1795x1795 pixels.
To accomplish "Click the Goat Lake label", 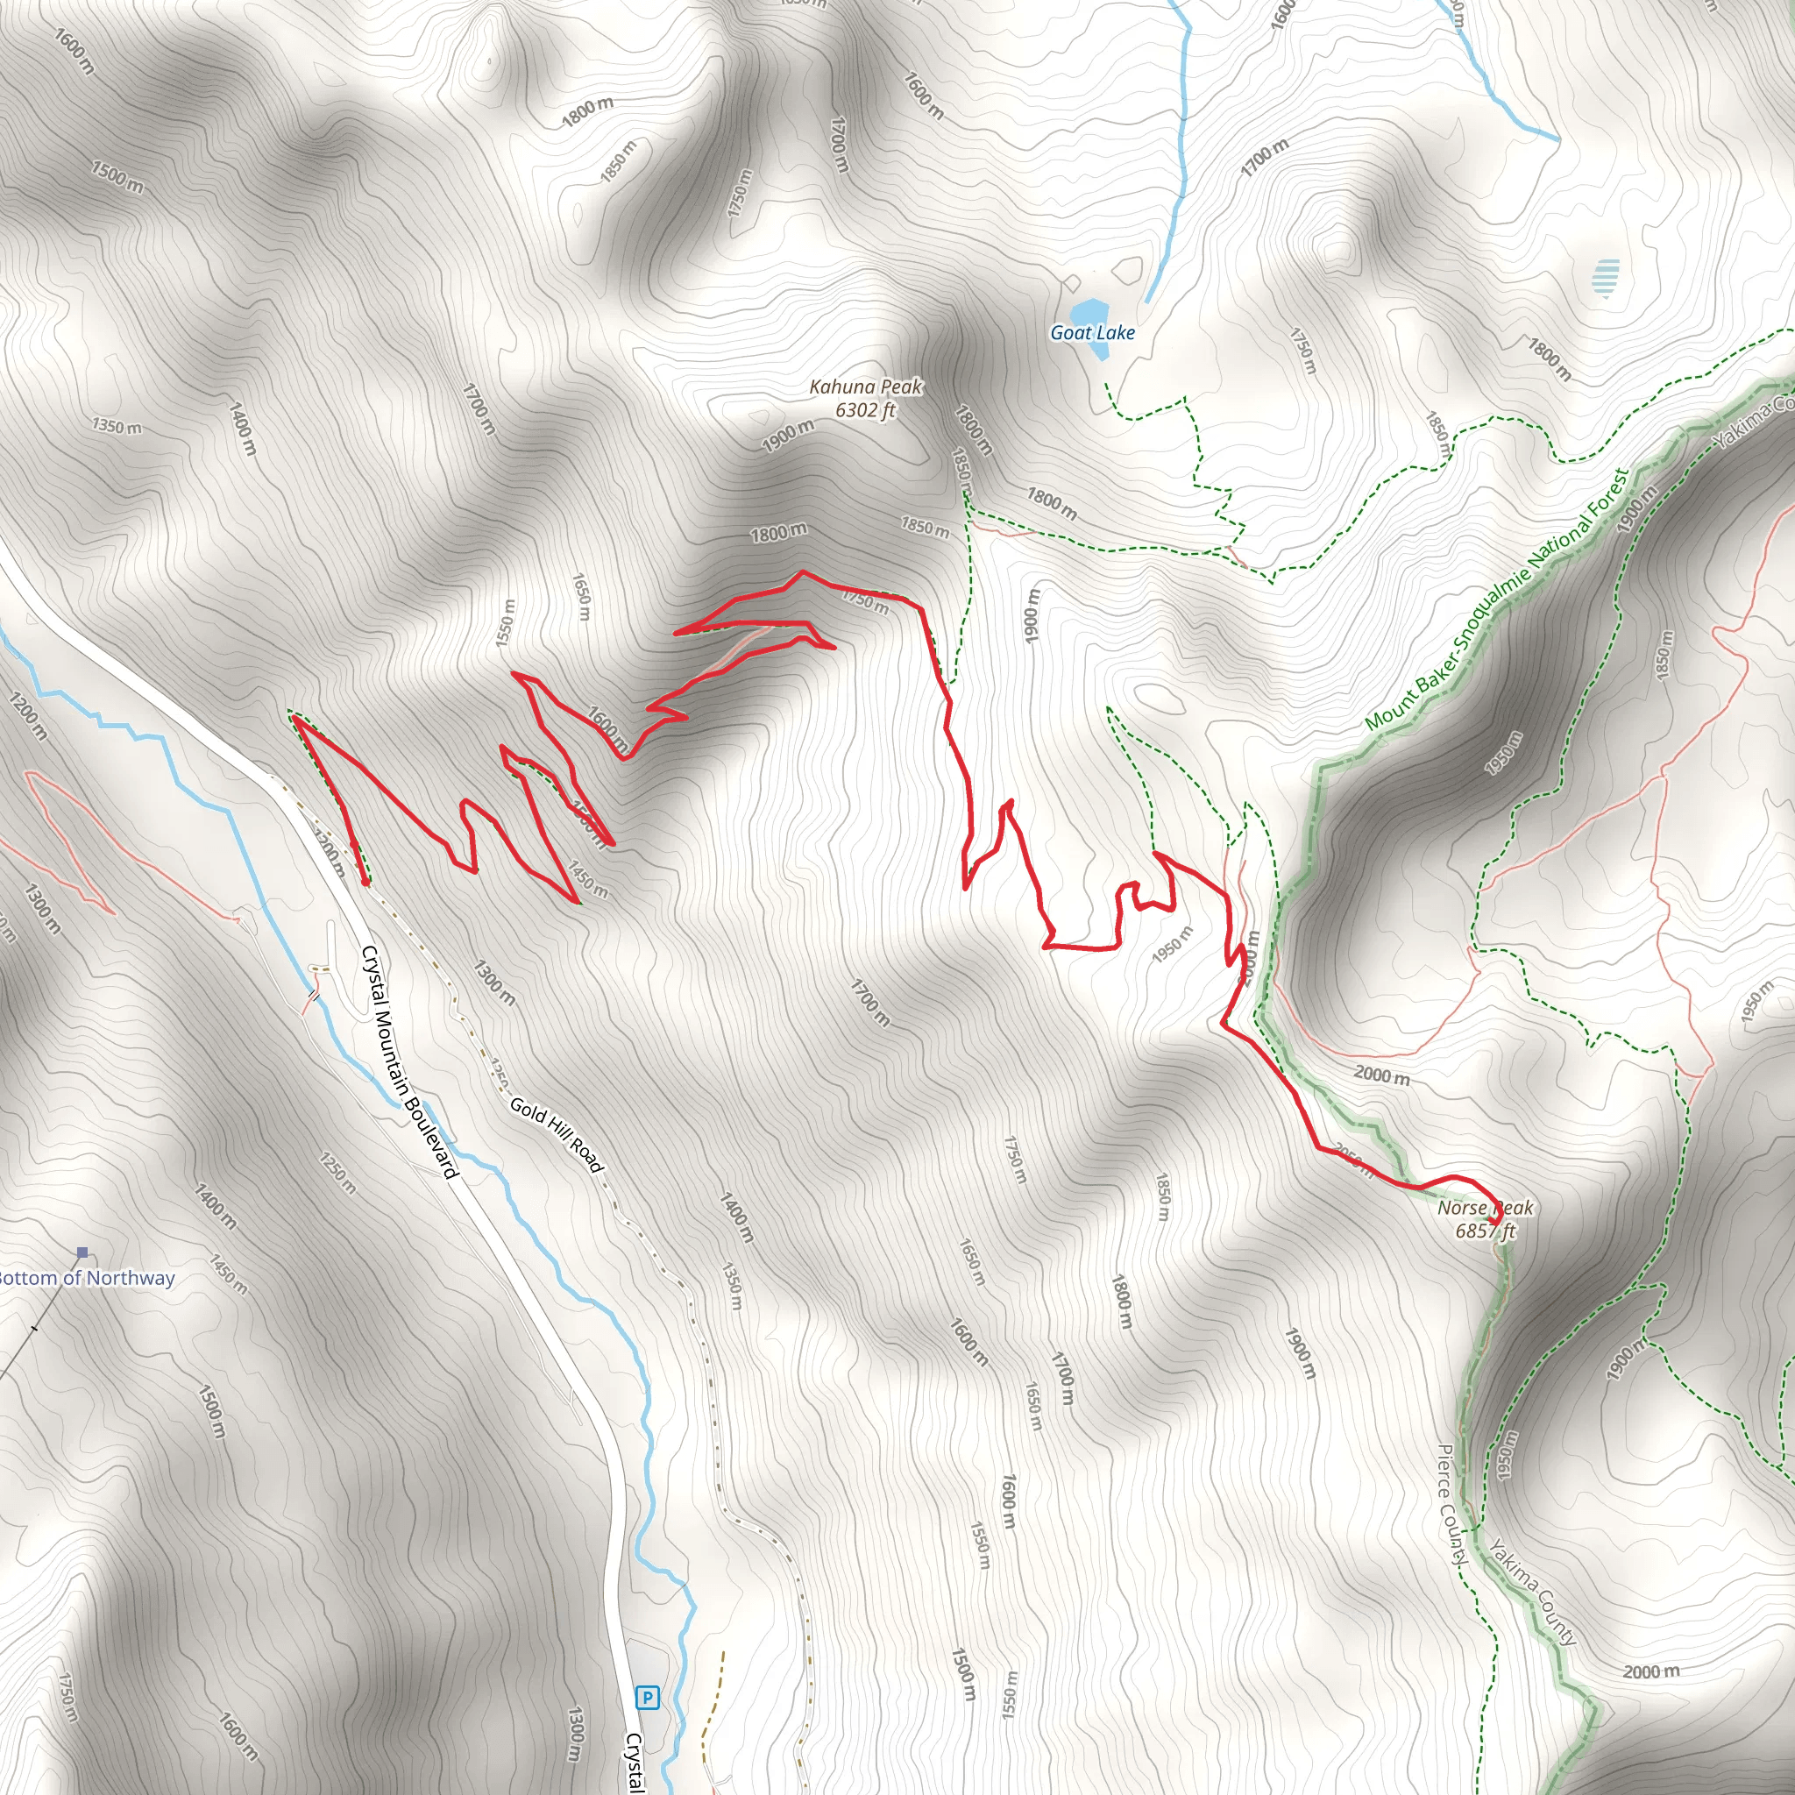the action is pyautogui.click(x=1092, y=332).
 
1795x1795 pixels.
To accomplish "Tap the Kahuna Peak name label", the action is pyautogui.click(x=866, y=387).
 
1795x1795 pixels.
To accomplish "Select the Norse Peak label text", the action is pyautogui.click(x=1485, y=1208).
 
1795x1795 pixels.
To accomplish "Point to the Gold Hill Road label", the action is pyautogui.click(x=556, y=1134).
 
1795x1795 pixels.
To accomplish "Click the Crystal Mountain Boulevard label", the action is pyautogui.click(x=409, y=1061).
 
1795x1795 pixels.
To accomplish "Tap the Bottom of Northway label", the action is pyautogui.click(x=86, y=1278).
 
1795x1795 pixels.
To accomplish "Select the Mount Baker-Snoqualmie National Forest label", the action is pyautogui.click(x=1496, y=600).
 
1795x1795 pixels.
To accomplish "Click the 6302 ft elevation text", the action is pyautogui.click(x=865, y=409).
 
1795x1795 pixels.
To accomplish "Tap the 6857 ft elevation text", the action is pyautogui.click(x=1485, y=1231).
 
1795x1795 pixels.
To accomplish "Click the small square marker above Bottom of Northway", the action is pyautogui.click(x=82, y=1252).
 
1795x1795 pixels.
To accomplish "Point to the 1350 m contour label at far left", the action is pyautogui.click(x=117, y=427).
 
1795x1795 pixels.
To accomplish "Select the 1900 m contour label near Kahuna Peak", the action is pyautogui.click(x=788, y=435).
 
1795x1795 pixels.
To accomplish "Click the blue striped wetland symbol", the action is pyautogui.click(x=1605, y=278).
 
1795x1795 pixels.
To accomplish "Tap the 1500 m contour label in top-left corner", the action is pyautogui.click(x=118, y=175).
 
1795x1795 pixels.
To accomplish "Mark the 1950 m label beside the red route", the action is pyautogui.click(x=1172, y=944).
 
